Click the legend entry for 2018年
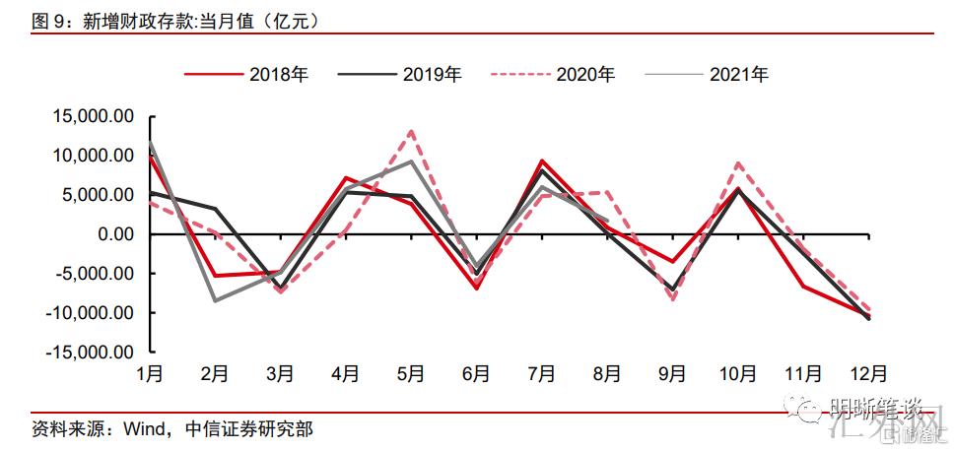pyautogui.click(x=245, y=74)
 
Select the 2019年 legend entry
pyautogui.click(x=399, y=74)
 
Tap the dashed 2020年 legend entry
pyautogui.click(x=553, y=74)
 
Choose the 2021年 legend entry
pyautogui.click(x=706, y=74)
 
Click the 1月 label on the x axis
pyautogui.click(x=150, y=374)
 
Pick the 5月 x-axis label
pyautogui.click(x=411, y=374)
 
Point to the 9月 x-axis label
pyautogui.click(x=672, y=374)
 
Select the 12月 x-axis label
pyautogui.click(x=868, y=374)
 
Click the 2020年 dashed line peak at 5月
pyautogui.click(x=411, y=131)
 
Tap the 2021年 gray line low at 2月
pyautogui.click(x=215, y=300)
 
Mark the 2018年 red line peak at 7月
pyautogui.click(x=542, y=161)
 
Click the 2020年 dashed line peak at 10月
pyautogui.click(x=738, y=163)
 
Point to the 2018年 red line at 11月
pyautogui.click(x=803, y=287)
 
